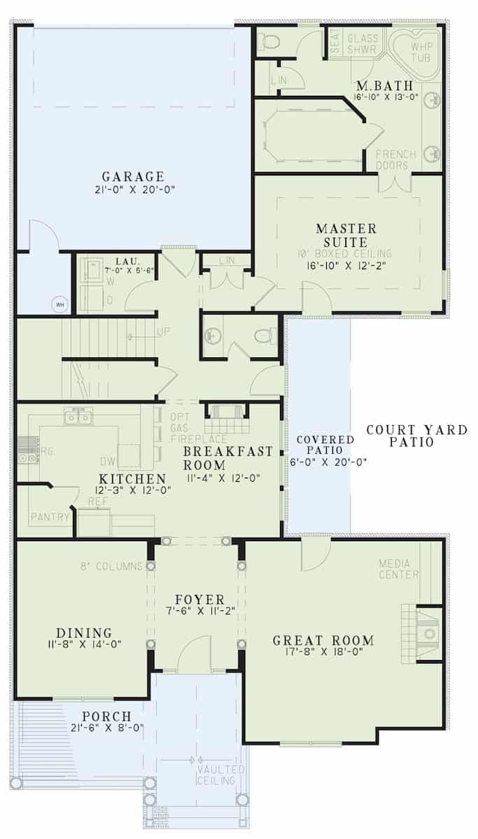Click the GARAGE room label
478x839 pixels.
pyautogui.click(x=132, y=176)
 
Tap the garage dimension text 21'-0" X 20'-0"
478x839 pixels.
pyautogui.click(x=132, y=189)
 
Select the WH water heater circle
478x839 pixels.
pyautogui.click(x=59, y=305)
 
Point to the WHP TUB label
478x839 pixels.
pyautogui.click(x=421, y=52)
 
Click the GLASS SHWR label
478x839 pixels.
pyautogui.click(x=363, y=44)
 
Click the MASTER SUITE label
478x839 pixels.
pyautogui.click(x=346, y=235)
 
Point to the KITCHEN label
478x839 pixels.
pyautogui.click(x=132, y=479)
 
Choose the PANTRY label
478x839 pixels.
pyautogui.click(x=50, y=517)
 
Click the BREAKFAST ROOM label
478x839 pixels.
pyautogui.click(x=227, y=457)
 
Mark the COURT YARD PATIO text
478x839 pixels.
pyautogui.click(x=416, y=436)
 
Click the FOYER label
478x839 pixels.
pyautogui.click(x=199, y=600)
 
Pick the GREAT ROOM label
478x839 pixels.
pyautogui.click(x=323, y=640)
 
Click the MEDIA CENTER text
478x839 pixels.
pyautogui.click(x=398, y=569)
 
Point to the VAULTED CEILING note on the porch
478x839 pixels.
pyautogui.click(x=221, y=775)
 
